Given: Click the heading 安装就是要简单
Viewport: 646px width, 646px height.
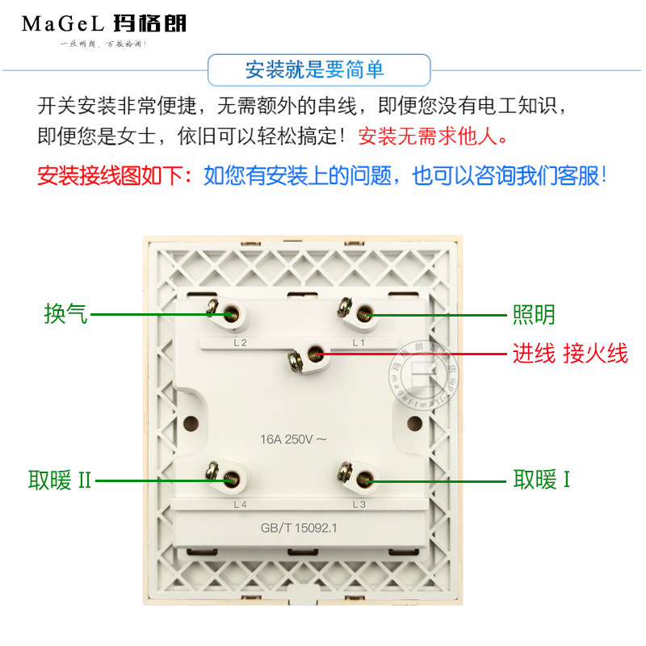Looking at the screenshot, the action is coord(314,70).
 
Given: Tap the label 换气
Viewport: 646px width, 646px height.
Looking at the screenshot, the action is coord(65,313).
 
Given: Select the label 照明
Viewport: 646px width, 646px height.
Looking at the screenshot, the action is coord(535,314).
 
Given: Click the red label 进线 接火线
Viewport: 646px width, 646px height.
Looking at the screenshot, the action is coord(570,354).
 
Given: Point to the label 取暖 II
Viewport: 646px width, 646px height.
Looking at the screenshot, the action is coord(61,481).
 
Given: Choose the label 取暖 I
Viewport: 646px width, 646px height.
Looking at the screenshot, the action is coord(542,481).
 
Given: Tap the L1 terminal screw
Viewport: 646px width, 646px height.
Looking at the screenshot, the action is coord(365,313).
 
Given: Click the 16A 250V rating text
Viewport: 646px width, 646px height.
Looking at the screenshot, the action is coord(293,440).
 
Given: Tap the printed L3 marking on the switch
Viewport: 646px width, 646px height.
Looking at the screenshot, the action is coord(359,505).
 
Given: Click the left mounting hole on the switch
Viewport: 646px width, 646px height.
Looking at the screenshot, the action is coord(191,422).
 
